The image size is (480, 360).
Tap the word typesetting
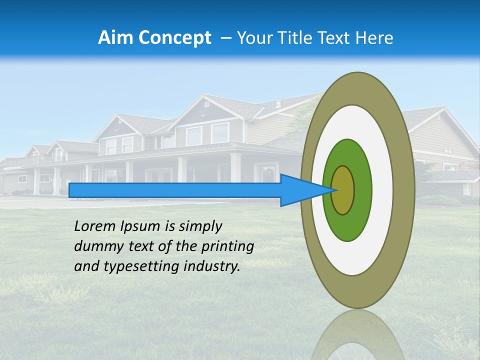pyautogui.click(x=141, y=266)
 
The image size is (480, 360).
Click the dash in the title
pyautogui.click(x=225, y=37)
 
